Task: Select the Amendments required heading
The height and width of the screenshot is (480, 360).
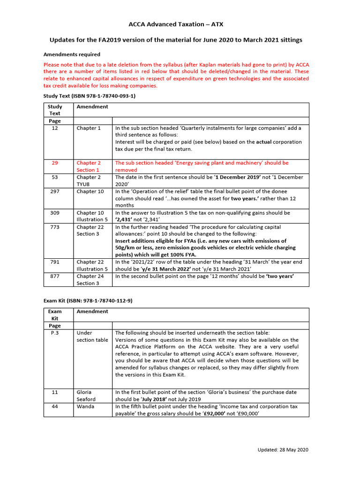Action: click(72, 54)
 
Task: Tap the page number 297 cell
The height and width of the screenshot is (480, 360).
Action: click(55, 191)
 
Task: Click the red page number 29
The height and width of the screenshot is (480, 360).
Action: click(55, 163)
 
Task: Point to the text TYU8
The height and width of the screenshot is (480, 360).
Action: click(85, 184)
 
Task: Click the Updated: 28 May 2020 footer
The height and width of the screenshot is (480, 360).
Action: click(283, 450)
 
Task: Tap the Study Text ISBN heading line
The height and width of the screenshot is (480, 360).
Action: click(89, 96)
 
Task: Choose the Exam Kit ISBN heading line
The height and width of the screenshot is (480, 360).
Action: click(88, 300)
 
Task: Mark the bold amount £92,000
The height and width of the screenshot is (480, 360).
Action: click(218, 414)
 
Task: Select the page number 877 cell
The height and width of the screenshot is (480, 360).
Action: click(55, 277)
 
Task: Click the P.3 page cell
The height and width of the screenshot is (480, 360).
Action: click(55, 333)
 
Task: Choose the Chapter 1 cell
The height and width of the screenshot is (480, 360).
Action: click(89, 128)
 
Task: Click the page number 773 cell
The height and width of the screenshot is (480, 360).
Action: click(55, 227)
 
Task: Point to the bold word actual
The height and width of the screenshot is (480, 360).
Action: click(265, 142)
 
